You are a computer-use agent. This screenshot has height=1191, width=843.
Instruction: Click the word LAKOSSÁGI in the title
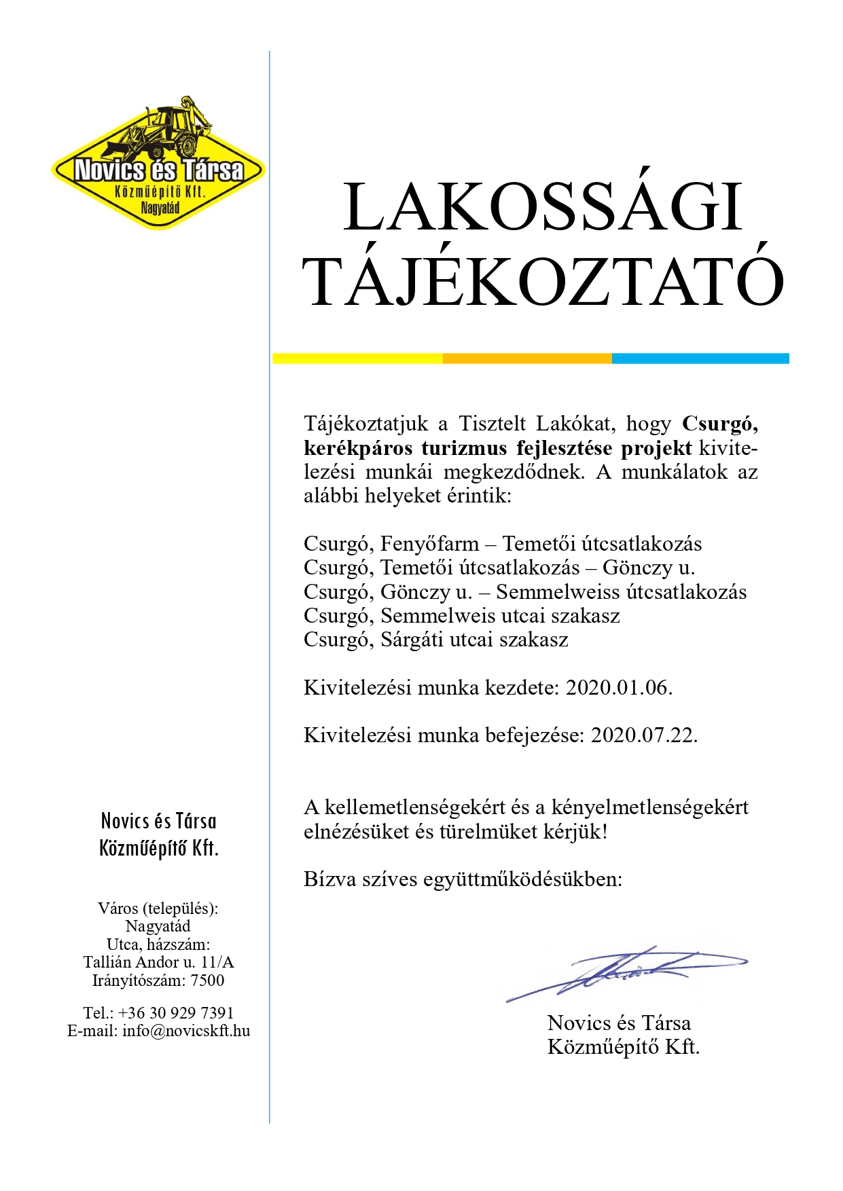point(542,208)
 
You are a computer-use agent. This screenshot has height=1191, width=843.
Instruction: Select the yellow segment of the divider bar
point(357,359)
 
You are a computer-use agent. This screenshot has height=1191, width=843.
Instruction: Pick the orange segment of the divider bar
point(526,359)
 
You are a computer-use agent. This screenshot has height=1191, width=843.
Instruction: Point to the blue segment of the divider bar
point(700,359)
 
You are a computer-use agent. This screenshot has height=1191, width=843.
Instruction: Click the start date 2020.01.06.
point(619,688)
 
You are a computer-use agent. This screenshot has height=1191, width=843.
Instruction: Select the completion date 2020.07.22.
point(644,735)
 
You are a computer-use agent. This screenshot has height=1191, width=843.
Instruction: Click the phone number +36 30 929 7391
point(175,1013)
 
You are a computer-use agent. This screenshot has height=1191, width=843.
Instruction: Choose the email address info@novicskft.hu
point(186,1031)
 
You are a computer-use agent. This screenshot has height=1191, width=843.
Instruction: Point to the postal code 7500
point(207,981)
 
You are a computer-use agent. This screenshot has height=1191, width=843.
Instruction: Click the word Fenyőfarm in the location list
point(429,544)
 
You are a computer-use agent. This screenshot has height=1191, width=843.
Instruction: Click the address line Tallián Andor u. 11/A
point(158,962)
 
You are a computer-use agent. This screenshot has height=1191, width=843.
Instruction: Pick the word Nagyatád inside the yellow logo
point(160,208)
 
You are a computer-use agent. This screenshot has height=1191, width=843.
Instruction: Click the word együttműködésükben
point(522,880)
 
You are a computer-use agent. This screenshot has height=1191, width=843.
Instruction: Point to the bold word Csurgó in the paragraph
point(720,424)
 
